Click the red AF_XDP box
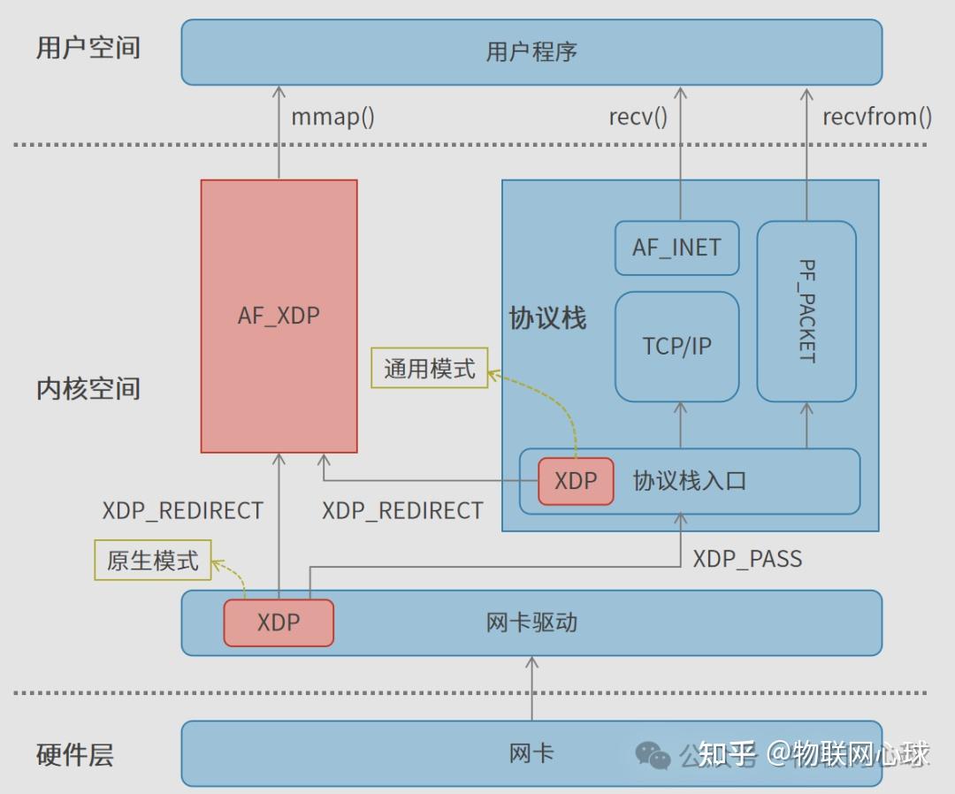pos(279,316)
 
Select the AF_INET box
pos(676,248)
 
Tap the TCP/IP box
pos(676,346)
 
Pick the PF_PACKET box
pos(806,310)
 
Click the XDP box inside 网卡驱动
pos(279,622)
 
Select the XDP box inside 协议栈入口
pos(576,481)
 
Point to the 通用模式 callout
pos(429,368)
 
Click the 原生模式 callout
pos(153,561)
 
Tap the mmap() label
pos(332,117)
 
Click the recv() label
pos(638,117)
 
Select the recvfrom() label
pos(876,117)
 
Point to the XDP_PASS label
pos(747,559)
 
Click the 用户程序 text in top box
pos(531,51)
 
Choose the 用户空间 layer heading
pos(88,48)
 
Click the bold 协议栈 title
pos(547,318)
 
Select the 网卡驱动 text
pos(531,622)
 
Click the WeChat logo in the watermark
pos(653,755)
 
